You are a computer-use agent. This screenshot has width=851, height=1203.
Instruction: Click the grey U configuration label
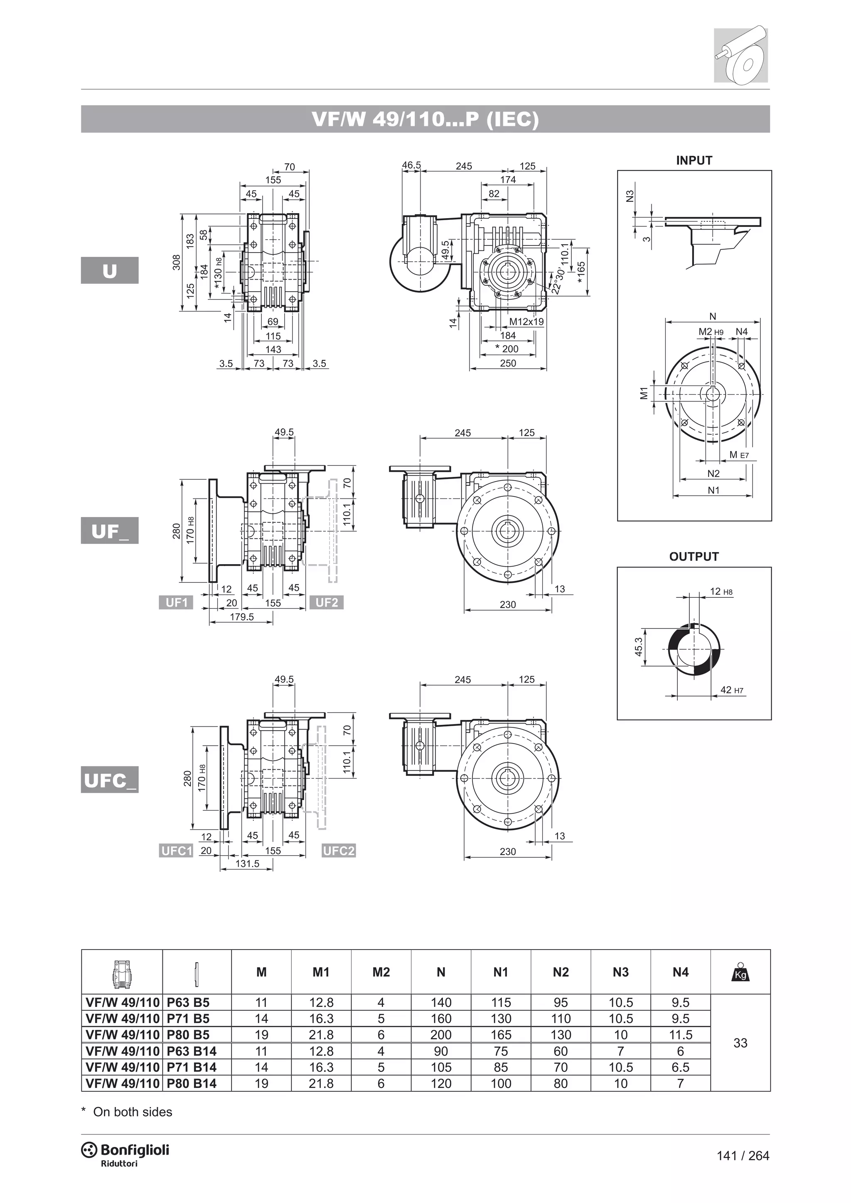pyautogui.click(x=110, y=270)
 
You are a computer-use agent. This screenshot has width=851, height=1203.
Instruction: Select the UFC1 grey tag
pyautogui.click(x=177, y=850)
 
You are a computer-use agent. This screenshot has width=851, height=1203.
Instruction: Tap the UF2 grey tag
pyautogui.click(x=327, y=603)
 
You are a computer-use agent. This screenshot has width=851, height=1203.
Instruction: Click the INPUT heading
pyautogui.click(x=694, y=161)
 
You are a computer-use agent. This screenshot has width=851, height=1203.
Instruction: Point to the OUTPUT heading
pyautogui.click(x=694, y=557)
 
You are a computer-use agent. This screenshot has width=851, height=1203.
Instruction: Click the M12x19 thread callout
pyautogui.click(x=526, y=322)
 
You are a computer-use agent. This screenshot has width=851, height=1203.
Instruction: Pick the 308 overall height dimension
pyautogui.click(x=177, y=262)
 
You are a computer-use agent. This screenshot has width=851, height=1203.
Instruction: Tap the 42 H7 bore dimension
pyautogui.click(x=731, y=690)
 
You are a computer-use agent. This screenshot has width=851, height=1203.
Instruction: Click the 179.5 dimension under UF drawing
pyautogui.click(x=241, y=617)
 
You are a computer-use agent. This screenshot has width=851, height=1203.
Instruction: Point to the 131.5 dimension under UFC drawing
pyautogui.click(x=247, y=864)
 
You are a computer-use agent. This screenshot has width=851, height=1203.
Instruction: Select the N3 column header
pyautogui.click(x=620, y=972)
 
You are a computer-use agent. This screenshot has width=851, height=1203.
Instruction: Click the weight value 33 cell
pyautogui.click(x=740, y=1043)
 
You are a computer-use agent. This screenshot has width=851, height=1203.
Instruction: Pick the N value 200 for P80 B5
pyautogui.click(x=441, y=1035)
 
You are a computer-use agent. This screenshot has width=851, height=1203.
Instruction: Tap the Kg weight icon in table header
pyautogui.click(x=740, y=972)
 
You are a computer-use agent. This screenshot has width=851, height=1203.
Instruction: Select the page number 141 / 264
pyautogui.click(x=743, y=1155)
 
